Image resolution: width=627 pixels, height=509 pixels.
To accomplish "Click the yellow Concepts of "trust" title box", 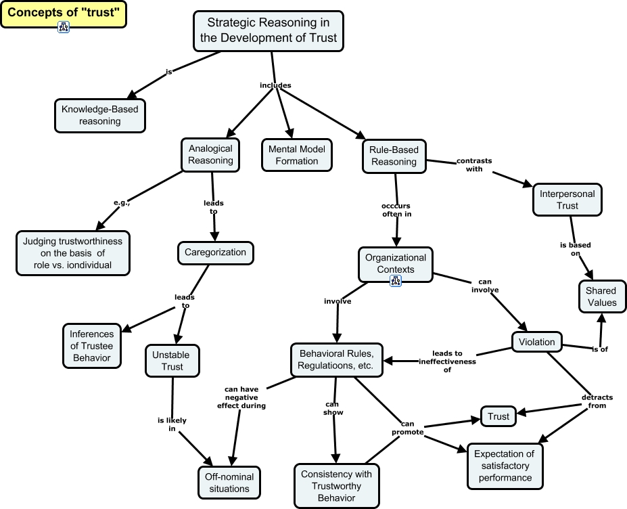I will click(63, 13).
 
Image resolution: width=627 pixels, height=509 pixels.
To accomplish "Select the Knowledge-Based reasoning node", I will click(100, 115).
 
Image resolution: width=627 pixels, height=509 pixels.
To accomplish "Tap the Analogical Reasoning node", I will click(210, 154).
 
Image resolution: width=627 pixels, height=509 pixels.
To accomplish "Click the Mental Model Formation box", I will click(296, 155).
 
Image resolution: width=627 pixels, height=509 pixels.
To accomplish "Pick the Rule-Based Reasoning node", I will click(394, 156).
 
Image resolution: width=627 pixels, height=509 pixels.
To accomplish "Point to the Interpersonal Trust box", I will click(567, 199).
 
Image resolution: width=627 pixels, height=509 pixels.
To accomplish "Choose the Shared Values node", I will click(601, 296).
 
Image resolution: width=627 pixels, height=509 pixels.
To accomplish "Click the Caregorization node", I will click(216, 253).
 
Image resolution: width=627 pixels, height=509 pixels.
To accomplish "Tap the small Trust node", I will click(498, 416).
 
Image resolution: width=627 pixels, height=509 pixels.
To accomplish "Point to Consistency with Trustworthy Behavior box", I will click(336, 485).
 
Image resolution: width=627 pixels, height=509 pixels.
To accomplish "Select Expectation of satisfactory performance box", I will click(504, 466).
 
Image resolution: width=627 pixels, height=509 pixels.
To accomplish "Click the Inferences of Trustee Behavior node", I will click(91, 345).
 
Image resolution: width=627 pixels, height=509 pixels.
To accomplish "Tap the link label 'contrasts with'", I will click(473, 164).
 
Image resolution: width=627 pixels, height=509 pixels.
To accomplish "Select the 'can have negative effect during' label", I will click(241, 397).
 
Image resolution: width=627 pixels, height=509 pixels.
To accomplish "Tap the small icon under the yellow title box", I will click(64, 27).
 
